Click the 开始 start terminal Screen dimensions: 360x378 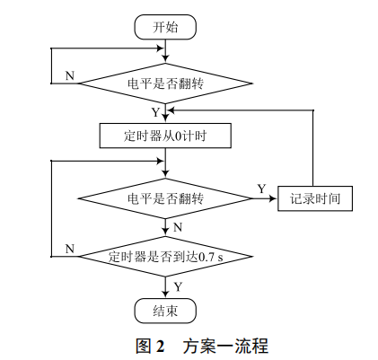(165, 27)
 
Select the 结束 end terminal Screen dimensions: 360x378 (165, 311)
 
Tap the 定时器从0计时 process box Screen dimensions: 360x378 (165, 136)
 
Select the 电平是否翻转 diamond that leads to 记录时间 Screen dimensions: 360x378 (165, 198)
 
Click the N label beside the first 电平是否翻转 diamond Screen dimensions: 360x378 (70, 75)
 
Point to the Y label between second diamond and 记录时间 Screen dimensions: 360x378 (261, 189)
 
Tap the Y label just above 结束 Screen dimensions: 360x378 (177, 285)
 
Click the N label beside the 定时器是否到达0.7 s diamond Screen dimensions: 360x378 (70, 248)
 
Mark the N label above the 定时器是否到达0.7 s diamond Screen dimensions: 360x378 (177, 227)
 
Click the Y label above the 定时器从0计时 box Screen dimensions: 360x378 (155, 112)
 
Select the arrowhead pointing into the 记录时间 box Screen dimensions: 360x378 (276, 198)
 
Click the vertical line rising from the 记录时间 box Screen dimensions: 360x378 (314, 148)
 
